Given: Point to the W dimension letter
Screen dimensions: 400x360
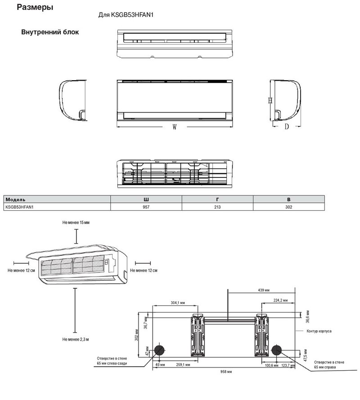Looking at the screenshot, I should point(174,127).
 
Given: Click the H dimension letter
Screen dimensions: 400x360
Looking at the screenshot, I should point(270,101).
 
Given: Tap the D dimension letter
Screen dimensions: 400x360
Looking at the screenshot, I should point(286,127).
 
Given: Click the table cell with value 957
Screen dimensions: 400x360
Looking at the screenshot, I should point(146,207).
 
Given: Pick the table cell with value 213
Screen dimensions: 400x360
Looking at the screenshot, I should point(217,207).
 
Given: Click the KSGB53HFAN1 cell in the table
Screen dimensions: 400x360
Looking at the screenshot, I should point(20,207).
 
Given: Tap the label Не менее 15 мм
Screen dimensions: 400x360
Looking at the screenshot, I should point(76,223).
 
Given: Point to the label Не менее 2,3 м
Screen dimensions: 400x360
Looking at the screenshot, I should point(76,338).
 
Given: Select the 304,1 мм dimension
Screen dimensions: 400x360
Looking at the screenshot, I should point(179,303).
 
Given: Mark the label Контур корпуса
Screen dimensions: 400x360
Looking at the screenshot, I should point(319,331).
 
